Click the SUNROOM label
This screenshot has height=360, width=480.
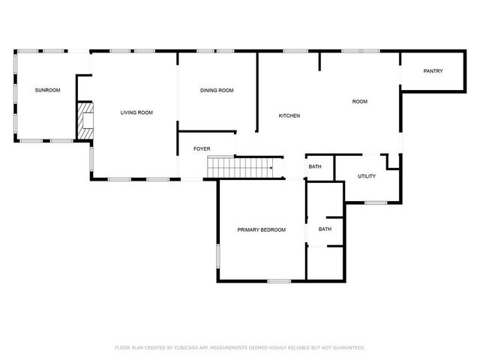[x=47, y=90]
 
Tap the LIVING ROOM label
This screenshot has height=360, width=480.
[x=136, y=112]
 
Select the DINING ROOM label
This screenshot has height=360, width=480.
[x=217, y=90]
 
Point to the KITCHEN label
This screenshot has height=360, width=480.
[x=289, y=115]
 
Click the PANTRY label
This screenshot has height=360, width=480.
[x=433, y=71]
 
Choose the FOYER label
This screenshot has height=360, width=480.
[x=202, y=148]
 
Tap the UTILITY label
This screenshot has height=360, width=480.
[x=367, y=176]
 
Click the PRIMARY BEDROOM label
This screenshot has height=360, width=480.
[x=262, y=229]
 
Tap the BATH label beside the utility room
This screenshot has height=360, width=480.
[x=315, y=166]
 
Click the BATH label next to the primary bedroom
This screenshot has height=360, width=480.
[x=325, y=229]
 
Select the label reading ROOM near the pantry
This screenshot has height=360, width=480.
[x=361, y=101]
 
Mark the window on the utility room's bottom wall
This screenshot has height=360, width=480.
[x=375, y=202]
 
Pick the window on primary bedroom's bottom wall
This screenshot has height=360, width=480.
[x=279, y=281]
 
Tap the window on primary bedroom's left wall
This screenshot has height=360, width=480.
[x=218, y=255]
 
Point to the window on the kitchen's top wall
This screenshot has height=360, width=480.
[x=295, y=51]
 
